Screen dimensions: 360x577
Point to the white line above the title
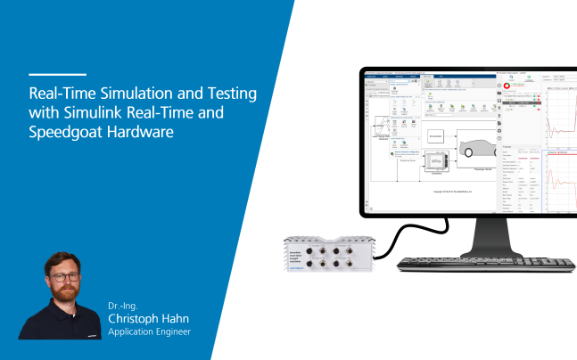click(x=57, y=75)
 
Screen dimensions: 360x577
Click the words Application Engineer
click(x=148, y=332)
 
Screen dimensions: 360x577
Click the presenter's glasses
click(x=62, y=277)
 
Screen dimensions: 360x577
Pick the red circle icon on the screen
click(x=507, y=87)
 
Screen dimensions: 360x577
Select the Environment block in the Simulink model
click(x=435, y=136)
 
